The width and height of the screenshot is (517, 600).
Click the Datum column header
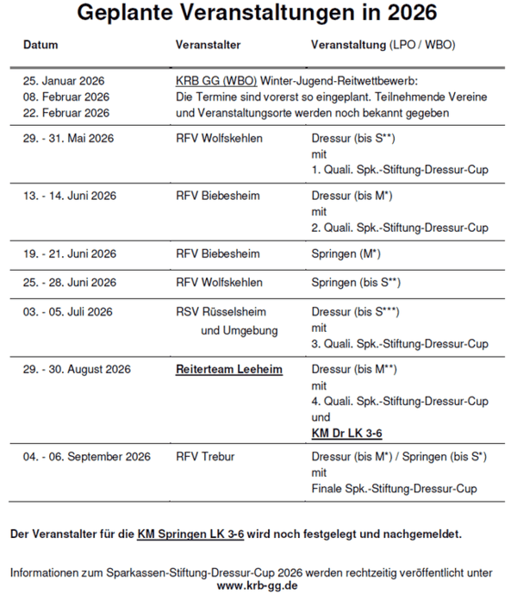(40, 44)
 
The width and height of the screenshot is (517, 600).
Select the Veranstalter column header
(208, 44)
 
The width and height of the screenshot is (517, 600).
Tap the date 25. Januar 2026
(64, 81)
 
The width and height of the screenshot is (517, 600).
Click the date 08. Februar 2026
(66, 97)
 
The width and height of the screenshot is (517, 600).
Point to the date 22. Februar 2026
(66, 113)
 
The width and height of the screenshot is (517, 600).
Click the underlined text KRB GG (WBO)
(215, 81)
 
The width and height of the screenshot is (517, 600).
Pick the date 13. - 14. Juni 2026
(70, 196)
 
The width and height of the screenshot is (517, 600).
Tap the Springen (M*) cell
(346, 253)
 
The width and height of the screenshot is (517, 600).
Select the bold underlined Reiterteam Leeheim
(229, 369)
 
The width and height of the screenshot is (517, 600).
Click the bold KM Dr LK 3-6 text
(347, 433)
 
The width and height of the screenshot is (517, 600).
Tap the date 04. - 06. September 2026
(87, 456)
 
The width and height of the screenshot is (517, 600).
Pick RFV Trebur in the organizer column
(205, 456)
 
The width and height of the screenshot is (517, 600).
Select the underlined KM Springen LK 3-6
(190, 534)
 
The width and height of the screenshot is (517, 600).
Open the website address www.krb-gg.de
(259, 585)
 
